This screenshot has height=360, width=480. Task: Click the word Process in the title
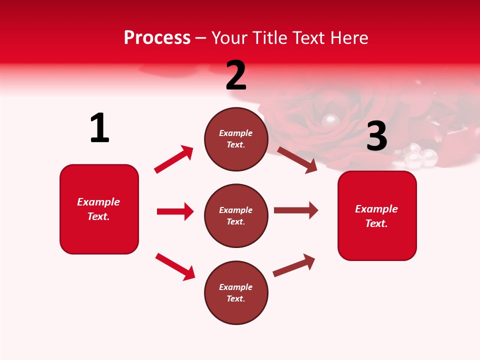(157, 38)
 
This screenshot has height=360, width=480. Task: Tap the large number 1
(99, 128)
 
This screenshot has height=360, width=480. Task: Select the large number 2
(236, 76)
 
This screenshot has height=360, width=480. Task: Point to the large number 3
(376, 136)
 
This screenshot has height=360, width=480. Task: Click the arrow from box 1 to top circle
(173, 159)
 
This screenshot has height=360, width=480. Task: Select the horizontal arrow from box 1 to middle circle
(175, 211)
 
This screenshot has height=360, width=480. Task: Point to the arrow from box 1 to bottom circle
(175, 266)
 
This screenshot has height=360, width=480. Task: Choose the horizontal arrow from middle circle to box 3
(295, 210)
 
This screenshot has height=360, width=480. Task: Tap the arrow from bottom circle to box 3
(294, 265)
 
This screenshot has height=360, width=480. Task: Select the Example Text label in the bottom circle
(236, 293)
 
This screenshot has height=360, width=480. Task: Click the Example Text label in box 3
(376, 216)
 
